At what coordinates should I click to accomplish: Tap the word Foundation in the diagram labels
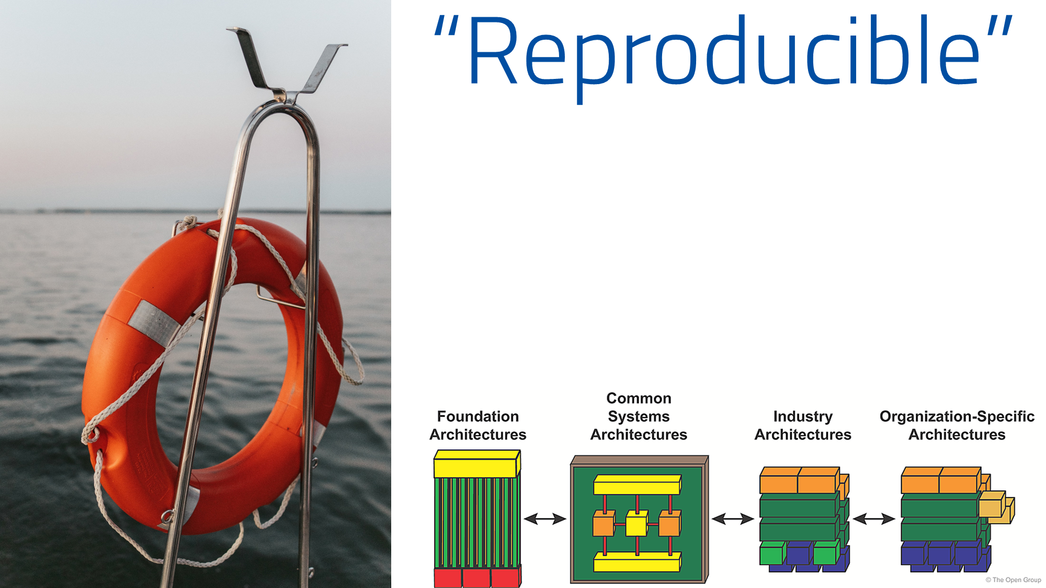pyautogui.click(x=478, y=417)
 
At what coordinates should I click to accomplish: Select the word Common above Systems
pyautogui.click(x=639, y=398)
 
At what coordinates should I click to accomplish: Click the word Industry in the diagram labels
pyautogui.click(x=803, y=417)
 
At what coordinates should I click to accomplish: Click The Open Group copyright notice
pyautogui.click(x=1014, y=580)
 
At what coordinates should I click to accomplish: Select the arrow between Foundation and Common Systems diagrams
pyautogui.click(x=545, y=519)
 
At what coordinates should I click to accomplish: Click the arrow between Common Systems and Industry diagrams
pyautogui.click(x=733, y=519)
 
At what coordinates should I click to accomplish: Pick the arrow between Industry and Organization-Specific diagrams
pyautogui.click(x=874, y=519)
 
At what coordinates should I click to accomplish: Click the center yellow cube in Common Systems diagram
pyautogui.click(x=637, y=523)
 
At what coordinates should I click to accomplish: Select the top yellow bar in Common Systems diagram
pyautogui.click(x=638, y=485)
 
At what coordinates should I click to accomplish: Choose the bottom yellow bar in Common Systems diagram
pyautogui.click(x=638, y=562)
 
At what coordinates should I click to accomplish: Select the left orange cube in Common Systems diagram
pyautogui.click(x=604, y=523)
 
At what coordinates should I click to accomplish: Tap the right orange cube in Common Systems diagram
pyautogui.click(x=670, y=523)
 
